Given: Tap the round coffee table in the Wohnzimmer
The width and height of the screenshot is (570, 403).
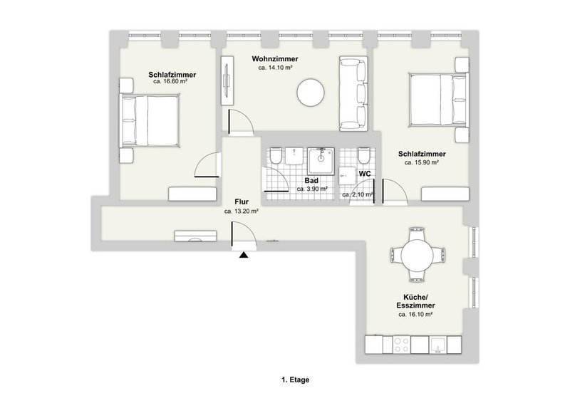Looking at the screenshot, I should (x=311, y=92).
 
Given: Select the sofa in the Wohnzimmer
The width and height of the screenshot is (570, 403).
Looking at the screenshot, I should (x=351, y=93).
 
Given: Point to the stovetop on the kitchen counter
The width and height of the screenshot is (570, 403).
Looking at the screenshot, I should (x=401, y=346).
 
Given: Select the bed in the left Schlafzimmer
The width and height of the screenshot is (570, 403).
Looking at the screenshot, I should (x=149, y=120).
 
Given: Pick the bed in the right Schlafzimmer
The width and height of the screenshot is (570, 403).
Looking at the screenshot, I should (x=436, y=100).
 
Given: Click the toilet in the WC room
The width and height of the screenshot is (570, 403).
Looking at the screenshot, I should (x=364, y=155).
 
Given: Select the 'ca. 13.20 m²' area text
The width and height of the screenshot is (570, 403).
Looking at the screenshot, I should (x=241, y=211).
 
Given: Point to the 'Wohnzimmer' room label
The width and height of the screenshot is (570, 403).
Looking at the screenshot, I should (x=275, y=59).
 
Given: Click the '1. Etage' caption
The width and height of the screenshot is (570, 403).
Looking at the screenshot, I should (x=296, y=381).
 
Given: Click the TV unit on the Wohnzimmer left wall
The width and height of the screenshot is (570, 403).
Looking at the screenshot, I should (x=226, y=78).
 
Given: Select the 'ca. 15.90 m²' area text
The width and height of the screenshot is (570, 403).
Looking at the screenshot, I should (x=421, y=162).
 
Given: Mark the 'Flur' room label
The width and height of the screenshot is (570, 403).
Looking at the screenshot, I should (x=241, y=201).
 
